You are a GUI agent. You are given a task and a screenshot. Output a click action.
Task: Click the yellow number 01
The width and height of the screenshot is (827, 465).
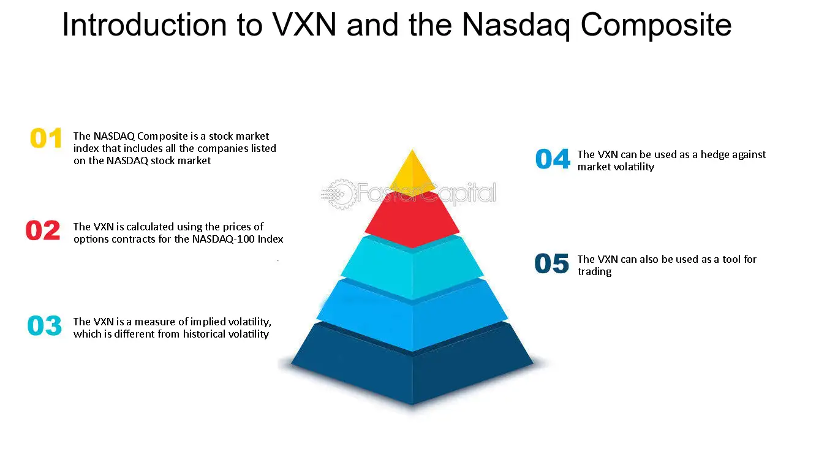pos(46,138)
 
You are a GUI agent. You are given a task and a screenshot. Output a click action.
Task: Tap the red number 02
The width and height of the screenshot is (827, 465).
pos(43,230)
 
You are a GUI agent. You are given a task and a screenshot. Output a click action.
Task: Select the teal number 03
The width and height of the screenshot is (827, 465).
pos(45,325)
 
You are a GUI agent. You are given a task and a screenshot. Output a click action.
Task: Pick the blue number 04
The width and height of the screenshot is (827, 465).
pos(553,159)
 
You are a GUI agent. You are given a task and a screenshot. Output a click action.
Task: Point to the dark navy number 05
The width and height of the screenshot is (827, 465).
pos(552,263)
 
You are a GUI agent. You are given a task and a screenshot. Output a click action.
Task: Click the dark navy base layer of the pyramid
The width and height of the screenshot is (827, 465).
pos(412,364)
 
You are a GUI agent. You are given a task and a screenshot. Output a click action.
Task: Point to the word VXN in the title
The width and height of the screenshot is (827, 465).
pos(304,25)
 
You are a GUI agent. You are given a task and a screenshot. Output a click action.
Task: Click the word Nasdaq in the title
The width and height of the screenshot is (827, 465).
pos(516,26)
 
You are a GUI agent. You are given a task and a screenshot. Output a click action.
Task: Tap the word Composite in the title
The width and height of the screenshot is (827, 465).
pos(656,26)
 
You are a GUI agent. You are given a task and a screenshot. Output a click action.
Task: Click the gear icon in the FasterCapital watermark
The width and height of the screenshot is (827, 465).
pos(341,194)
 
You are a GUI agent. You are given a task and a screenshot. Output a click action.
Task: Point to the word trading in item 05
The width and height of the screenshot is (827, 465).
pos(594,272)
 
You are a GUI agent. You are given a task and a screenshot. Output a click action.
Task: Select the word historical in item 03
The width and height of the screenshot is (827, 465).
pos(204,334)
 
